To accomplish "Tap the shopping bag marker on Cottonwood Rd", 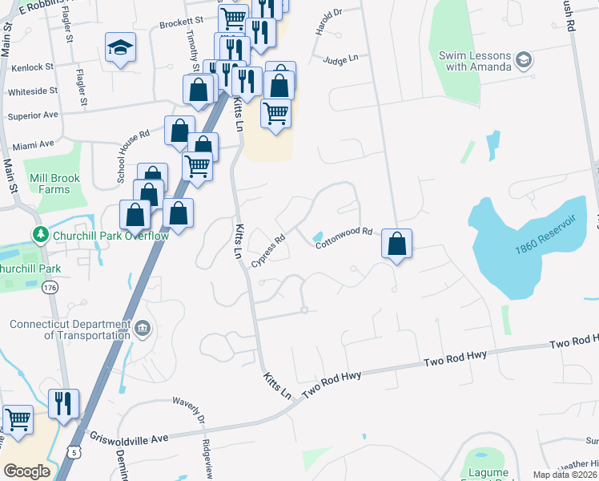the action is (x=397, y=244).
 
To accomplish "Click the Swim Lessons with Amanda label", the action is (x=474, y=61).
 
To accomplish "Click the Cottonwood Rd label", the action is (x=344, y=237).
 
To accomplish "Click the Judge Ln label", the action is (x=340, y=59).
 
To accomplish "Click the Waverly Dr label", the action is (x=197, y=414).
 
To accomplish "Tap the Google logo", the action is (x=26, y=471).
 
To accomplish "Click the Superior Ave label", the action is (x=33, y=115).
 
